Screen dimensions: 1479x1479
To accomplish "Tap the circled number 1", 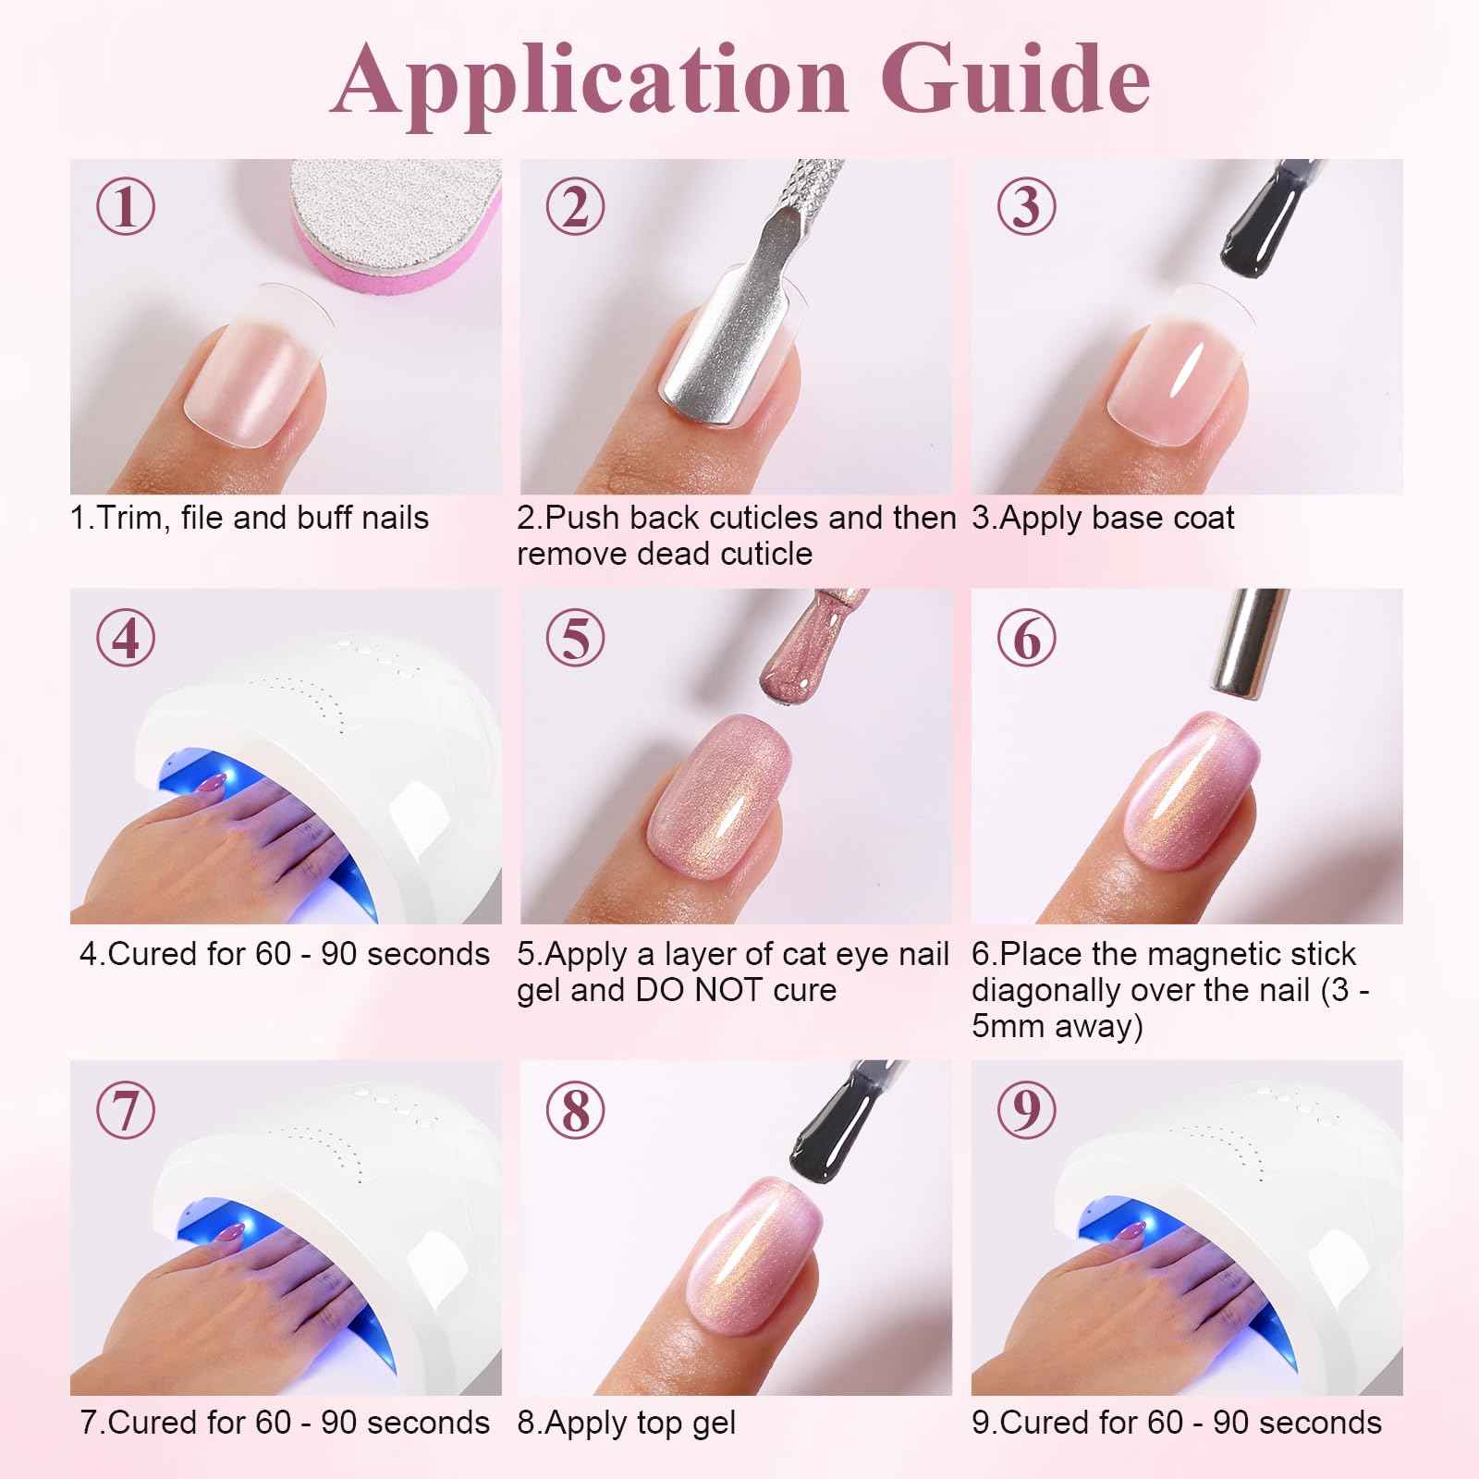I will click(127, 206).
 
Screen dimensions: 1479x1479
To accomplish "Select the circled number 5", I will click(576, 638).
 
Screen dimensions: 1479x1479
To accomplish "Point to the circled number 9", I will click(1026, 1110).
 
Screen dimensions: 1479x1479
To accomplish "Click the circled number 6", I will click(1026, 638).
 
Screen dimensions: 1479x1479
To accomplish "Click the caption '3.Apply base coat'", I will click(1103, 518).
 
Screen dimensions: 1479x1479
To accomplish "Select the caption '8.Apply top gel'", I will click(627, 1423).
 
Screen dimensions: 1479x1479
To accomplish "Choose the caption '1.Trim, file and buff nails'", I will click(250, 518).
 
